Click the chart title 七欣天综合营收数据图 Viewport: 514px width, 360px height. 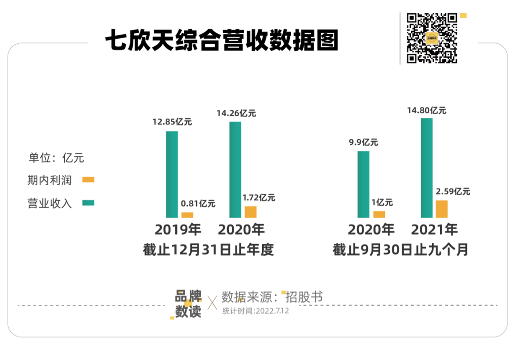click(221, 40)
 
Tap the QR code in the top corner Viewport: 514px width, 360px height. click(432, 38)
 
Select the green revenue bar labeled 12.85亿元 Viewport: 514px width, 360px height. click(172, 174)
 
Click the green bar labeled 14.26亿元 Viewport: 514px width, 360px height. click(235, 170)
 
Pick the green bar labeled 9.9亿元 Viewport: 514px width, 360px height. click(363, 184)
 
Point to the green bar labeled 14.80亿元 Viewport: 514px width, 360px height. click(426, 168)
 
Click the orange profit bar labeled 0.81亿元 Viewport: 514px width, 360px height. click(188, 215)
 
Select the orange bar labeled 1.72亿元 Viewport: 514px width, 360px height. click(250, 212)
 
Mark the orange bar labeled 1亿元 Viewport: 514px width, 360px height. click(379, 214)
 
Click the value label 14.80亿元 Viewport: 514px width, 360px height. click(426, 110)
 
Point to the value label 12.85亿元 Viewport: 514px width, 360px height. click(172, 121)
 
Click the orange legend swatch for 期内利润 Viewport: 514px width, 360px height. click(89, 180)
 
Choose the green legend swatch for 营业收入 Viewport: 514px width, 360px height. click(89, 203)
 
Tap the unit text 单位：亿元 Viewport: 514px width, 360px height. click(56, 158)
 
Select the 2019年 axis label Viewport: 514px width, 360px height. click(178, 230)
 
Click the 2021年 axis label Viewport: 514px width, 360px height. click(434, 230)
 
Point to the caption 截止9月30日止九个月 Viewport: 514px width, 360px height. click(400, 250)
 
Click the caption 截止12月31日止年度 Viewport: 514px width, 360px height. click(208, 250)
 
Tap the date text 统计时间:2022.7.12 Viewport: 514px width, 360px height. click(255, 311)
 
